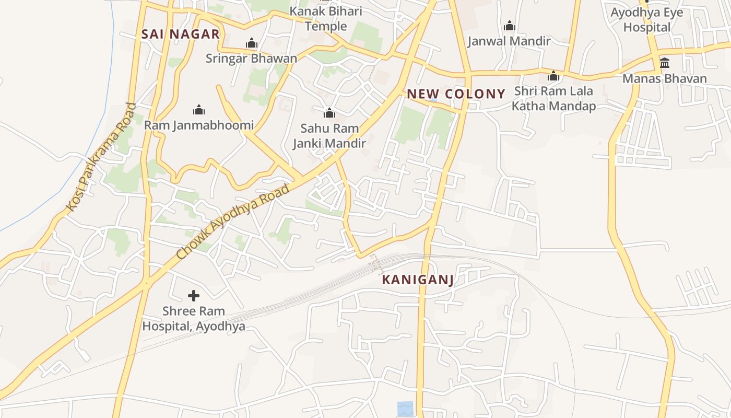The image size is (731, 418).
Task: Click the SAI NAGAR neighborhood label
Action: coord(181,34)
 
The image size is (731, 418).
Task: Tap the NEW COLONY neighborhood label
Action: coord(456,94)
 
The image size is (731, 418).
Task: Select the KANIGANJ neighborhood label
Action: coord(417,280)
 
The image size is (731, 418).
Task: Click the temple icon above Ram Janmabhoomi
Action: coord(198,110)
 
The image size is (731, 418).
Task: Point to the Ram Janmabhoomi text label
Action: coord(198,125)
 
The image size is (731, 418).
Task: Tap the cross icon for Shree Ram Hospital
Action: coord(194,296)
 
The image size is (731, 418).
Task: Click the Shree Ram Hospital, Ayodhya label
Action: coord(194,319)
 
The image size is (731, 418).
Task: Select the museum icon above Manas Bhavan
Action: coord(665,63)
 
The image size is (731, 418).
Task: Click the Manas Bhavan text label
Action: coord(665,79)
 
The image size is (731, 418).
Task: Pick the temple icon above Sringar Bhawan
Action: coord(252,43)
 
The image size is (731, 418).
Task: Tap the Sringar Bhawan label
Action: coord(251,59)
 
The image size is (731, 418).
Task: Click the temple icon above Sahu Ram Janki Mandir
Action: coord(329,113)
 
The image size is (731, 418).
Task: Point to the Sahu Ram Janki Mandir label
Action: coord(329,136)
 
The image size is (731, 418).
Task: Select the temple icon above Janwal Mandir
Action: coord(509,26)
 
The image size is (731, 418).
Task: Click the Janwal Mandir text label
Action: coord(509,41)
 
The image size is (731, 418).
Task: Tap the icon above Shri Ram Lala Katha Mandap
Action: coord(553,76)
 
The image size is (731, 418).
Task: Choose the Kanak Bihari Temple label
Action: coord(326,19)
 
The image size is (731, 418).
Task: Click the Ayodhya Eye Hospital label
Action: coord(647,20)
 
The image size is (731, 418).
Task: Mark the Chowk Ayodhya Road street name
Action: coord(233,222)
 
